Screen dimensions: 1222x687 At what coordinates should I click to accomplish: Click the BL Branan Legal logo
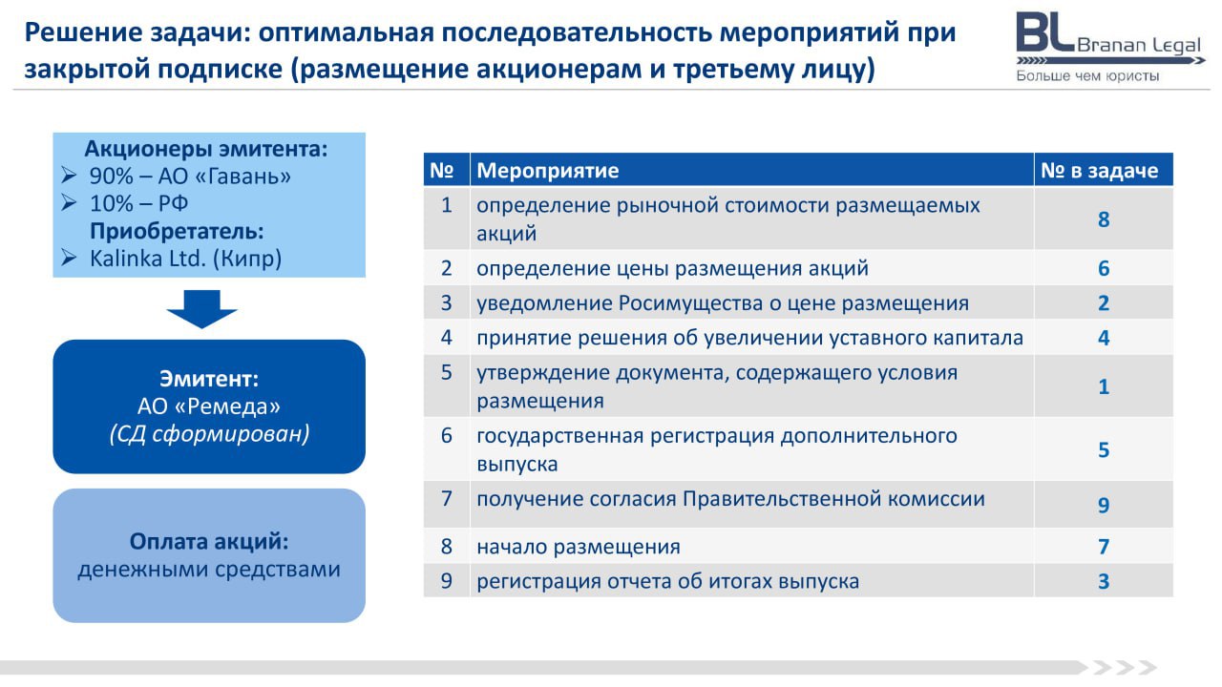pos(1110,47)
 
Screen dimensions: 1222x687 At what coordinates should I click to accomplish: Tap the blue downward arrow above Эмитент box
pos(201,308)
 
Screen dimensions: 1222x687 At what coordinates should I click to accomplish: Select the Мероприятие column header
pos(548,171)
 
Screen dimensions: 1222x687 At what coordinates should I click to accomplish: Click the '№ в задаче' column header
pos(1099,171)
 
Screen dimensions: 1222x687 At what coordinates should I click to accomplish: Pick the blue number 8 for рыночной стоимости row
pos(1104,219)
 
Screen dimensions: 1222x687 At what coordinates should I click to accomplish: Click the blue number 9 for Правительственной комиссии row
pos(1104,505)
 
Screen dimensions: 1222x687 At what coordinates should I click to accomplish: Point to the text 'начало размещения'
pos(579,547)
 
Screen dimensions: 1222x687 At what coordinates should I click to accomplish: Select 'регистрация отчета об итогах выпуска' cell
pos(667,581)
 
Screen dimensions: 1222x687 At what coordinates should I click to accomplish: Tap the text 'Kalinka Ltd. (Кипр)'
pos(185,259)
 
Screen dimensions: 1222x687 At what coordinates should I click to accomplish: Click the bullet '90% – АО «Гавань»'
pos(190,177)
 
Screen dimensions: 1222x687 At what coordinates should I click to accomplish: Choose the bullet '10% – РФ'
pos(138,203)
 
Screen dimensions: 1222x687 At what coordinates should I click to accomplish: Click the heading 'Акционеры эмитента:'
pos(206,148)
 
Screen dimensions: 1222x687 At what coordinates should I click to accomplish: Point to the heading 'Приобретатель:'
pos(177,231)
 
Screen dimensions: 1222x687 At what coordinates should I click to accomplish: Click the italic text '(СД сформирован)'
pos(209,434)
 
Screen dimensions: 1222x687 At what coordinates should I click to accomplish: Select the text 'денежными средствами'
pos(209,570)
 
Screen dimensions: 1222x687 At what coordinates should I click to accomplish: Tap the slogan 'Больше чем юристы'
pos(1087,75)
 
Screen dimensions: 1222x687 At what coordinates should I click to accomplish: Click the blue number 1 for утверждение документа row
pos(1104,386)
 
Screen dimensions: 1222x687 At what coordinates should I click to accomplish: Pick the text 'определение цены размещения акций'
pos(672,268)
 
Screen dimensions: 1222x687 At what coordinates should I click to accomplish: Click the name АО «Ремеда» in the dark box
pos(209,406)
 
